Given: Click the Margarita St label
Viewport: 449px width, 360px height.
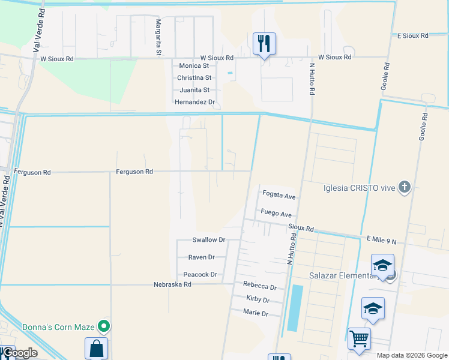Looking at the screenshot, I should tap(158, 37).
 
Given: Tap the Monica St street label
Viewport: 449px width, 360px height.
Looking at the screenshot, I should tap(193, 66).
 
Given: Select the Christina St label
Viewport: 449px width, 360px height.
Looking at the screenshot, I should tap(194, 78).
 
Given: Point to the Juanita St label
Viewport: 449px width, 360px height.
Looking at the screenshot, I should tap(194, 90).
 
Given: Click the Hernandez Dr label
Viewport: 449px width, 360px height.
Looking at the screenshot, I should tap(194, 102).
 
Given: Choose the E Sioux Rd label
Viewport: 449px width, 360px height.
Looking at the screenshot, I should tap(413, 36).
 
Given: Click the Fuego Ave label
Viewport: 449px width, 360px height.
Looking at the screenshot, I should tap(276, 214).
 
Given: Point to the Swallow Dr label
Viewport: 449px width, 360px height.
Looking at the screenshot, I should tap(208, 240).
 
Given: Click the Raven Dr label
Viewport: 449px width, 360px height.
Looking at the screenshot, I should tap(201, 257).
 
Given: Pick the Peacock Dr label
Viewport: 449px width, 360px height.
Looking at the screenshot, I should tap(200, 275).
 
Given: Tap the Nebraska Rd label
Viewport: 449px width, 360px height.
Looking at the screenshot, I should tap(172, 284).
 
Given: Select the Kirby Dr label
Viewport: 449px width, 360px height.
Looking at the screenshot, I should tap(258, 299).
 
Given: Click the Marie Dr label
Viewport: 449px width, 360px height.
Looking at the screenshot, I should tap(255, 313).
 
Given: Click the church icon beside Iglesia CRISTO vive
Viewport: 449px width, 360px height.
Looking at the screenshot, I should tap(405, 188).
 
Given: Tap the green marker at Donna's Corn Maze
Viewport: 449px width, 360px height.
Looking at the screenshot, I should tap(104, 327).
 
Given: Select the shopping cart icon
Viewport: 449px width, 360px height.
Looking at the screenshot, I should tap(359, 338).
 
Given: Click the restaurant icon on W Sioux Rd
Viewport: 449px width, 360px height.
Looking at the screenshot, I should tap(264, 43).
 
